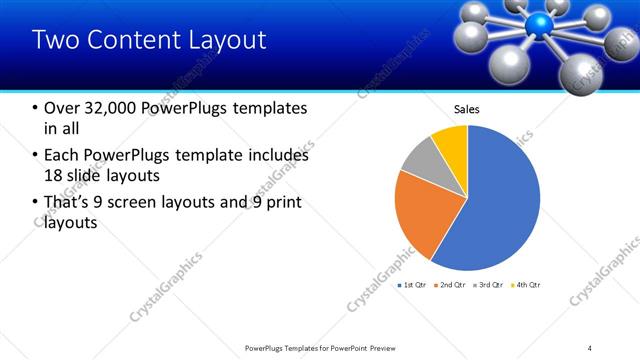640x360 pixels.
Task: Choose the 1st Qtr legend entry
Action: coord(415,286)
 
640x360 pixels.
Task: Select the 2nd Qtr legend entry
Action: coord(453,286)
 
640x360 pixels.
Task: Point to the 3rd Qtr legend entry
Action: coord(491,286)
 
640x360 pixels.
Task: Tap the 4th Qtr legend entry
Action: coord(528,286)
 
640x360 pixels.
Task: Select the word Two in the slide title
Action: coord(55,40)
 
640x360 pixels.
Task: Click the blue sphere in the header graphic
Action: coord(541,24)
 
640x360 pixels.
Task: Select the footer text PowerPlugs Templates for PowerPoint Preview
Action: coord(319,347)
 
